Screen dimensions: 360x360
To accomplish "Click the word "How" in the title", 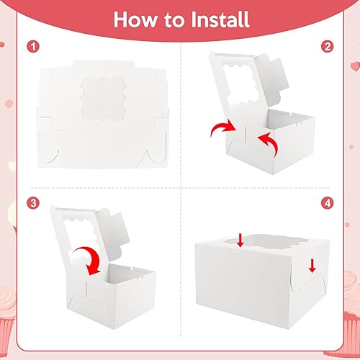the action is point(135,19).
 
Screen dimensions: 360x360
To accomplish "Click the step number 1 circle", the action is point(33,47).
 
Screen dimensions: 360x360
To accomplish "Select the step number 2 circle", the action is point(328,47).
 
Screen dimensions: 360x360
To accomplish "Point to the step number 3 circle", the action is point(33,203).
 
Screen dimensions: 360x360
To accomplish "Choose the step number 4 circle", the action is point(328,203).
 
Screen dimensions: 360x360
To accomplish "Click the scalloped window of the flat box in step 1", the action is point(104,99).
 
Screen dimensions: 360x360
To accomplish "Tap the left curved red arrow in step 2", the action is point(222,128).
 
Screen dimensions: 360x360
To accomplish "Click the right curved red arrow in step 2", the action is point(268,145).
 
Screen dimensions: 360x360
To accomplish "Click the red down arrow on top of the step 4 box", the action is point(240,241).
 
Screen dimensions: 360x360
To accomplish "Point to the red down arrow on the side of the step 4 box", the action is point(312,266).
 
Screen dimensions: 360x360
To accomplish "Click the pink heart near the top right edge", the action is point(356,66).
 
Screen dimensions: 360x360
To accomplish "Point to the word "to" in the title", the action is point(174,20).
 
